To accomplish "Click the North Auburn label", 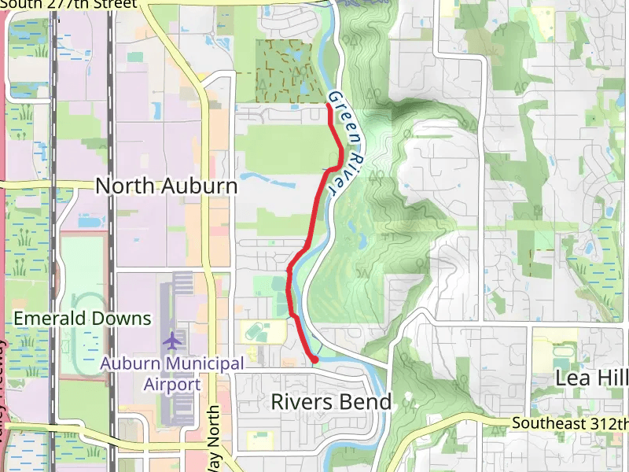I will (166, 186).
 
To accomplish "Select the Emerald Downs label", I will (82, 319).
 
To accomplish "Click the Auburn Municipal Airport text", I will (172, 374).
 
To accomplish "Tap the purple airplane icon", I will (172, 341).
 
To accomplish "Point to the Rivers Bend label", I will (331, 402).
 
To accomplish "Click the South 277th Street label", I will (71, 4).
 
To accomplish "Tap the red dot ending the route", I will (314, 360).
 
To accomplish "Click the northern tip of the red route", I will (327, 105).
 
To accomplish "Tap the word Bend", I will (366, 402).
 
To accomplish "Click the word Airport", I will (172, 385).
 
